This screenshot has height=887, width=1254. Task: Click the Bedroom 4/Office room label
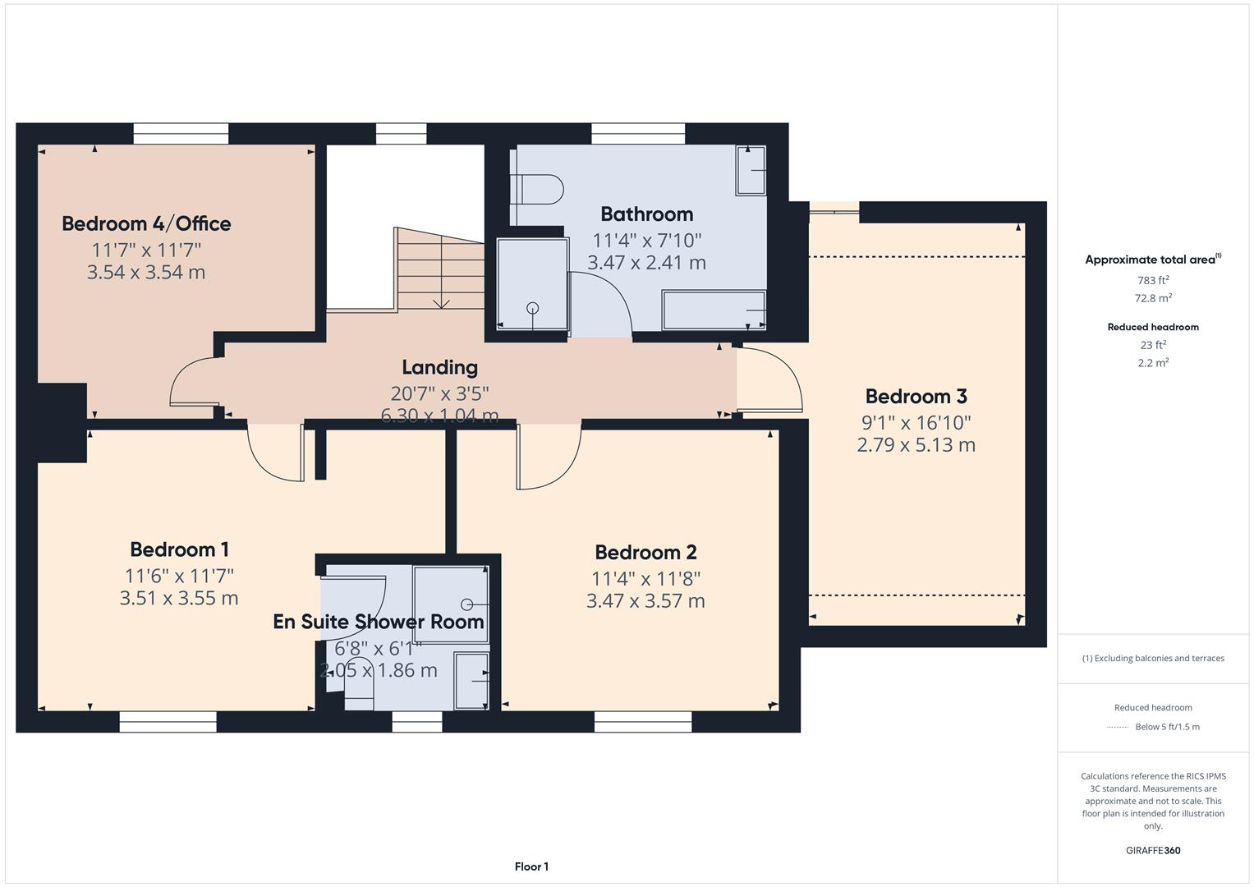tap(146, 223)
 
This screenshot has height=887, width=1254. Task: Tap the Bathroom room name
tap(646, 214)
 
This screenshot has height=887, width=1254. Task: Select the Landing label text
tap(439, 367)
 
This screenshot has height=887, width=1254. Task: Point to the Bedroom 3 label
tap(916, 397)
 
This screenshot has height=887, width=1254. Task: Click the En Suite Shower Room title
tap(379, 622)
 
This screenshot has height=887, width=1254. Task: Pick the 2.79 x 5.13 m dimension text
tap(916, 445)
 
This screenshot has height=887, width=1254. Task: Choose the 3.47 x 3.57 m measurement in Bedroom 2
tap(645, 601)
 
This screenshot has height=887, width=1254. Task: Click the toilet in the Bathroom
tap(538, 190)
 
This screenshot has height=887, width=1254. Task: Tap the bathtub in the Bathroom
tap(714, 310)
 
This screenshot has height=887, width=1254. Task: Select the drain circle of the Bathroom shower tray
tap(532, 309)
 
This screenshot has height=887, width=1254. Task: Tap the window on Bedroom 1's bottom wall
tap(168, 722)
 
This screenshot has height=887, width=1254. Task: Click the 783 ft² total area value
tap(1152, 280)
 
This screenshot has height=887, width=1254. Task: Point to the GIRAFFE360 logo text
tap(1152, 850)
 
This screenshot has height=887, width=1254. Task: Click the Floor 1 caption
tap(531, 866)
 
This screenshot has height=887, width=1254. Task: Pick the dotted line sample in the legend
tap(1118, 727)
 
